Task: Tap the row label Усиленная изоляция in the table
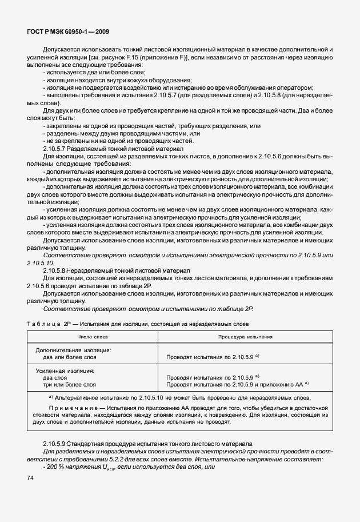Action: pos(65,371)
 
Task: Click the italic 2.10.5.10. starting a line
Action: pos(39,262)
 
